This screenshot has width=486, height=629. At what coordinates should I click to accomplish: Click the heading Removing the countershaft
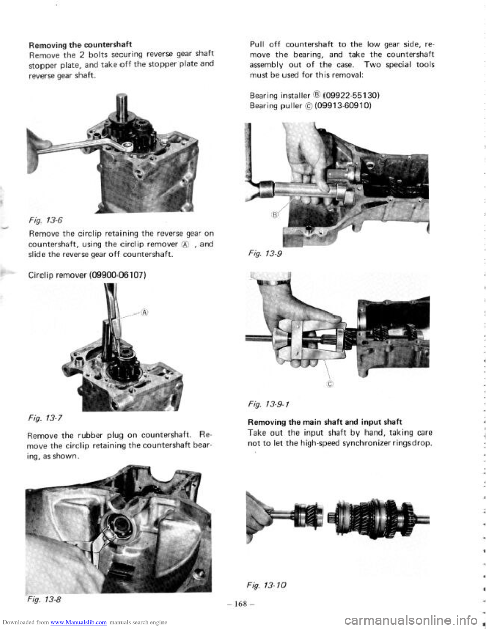pyautogui.click(x=80, y=45)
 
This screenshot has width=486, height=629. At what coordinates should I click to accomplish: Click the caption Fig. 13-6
pyautogui.click(x=46, y=221)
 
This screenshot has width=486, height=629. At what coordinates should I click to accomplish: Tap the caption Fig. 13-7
pyautogui.click(x=45, y=418)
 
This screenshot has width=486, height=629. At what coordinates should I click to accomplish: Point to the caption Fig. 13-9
pyautogui.click(x=265, y=254)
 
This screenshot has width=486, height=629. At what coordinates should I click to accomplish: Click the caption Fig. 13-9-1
pyautogui.click(x=268, y=404)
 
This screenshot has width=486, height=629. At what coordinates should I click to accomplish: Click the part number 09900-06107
pyautogui.click(x=116, y=275)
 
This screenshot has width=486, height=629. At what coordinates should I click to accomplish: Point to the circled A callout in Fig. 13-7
pyautogui.click(x=145, y=312)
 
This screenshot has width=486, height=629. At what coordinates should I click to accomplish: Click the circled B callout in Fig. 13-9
pyautogui.click(x=275, y=215)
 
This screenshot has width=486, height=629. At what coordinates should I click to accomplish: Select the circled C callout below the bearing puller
pyautogui.click(x=331, y=384)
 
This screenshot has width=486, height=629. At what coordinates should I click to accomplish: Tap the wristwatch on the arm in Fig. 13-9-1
pyautogui.click(x=274, y=282)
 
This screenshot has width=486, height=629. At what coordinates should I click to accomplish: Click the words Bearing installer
pyautogui.click(x=279, y=95)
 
